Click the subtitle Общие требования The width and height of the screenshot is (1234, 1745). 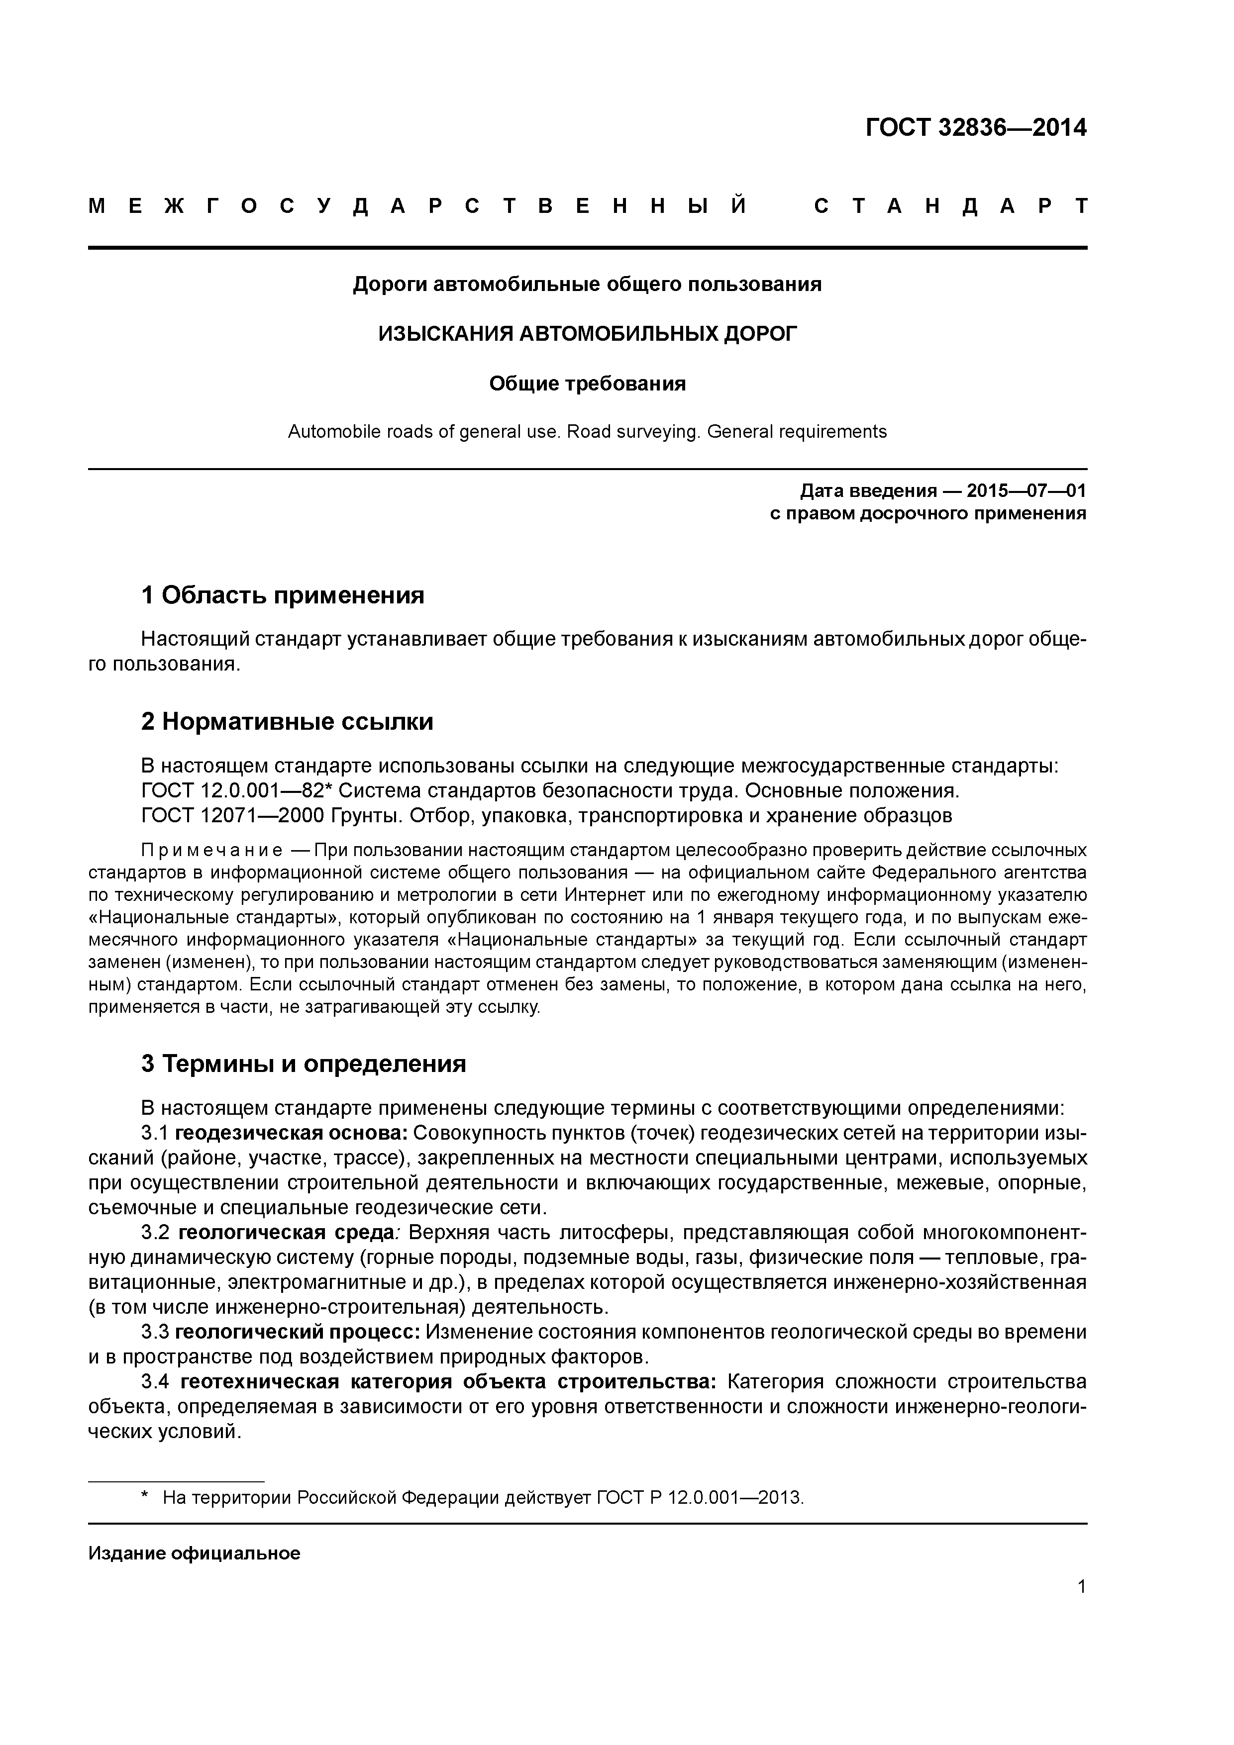[x=587, y=384]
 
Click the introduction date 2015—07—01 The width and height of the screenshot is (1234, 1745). [x=1026, y=491]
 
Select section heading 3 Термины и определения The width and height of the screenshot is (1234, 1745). [x=304, y=1063]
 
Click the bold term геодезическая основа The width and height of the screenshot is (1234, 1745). [x=291, y=1133]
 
